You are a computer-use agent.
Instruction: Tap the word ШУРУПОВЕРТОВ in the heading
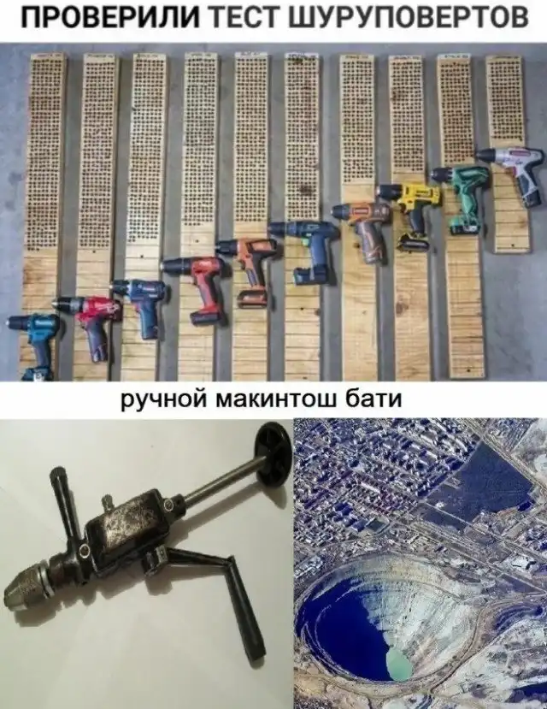409,19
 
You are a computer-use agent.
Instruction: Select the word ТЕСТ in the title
248,19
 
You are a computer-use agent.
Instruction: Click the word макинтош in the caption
279,399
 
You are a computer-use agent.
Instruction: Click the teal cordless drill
34,345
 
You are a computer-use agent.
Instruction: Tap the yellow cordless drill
411,212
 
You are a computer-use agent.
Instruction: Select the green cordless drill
461,198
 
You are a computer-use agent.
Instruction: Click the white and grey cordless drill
513,174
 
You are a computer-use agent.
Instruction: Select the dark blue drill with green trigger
307,250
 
